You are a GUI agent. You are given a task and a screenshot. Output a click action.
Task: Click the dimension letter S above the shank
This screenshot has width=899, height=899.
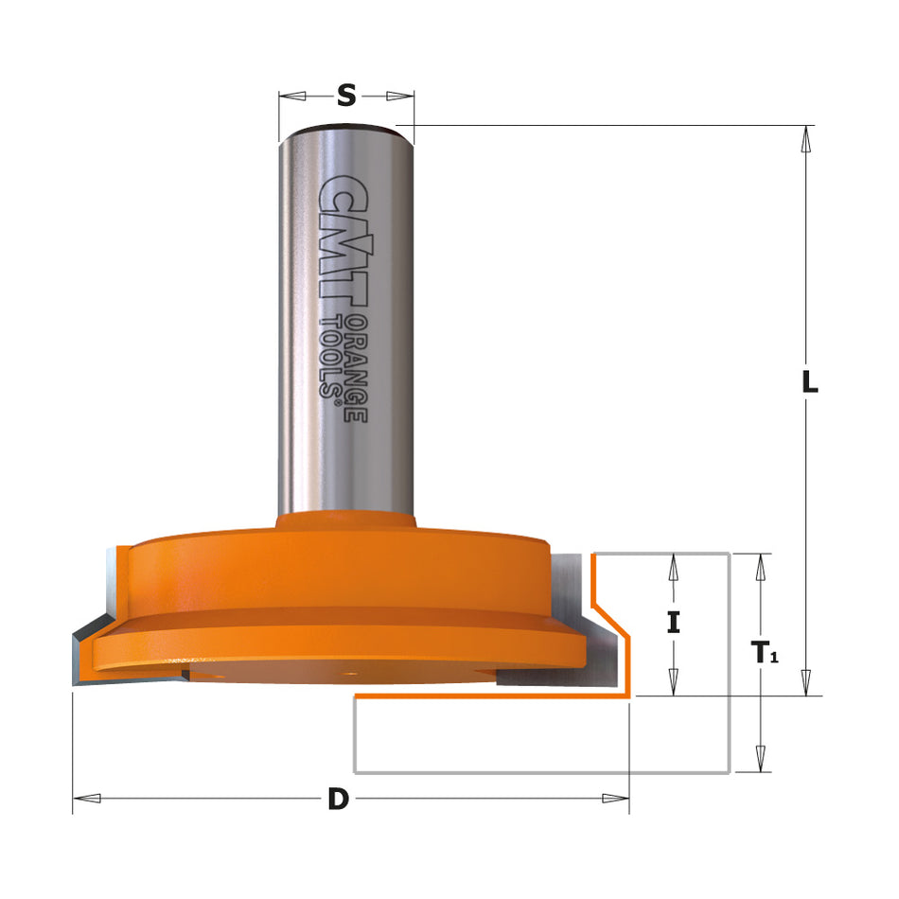[x=346, y=96]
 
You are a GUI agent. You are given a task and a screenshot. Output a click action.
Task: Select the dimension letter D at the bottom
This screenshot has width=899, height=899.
[x=338, y=800]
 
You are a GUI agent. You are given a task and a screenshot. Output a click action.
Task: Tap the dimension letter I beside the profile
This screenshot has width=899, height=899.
[x=673, y=623]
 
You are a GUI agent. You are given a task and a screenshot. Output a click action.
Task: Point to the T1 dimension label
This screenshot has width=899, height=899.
[x=764, y=652]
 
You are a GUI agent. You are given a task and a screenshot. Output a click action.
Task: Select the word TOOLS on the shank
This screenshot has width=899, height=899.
[x=333, y=357]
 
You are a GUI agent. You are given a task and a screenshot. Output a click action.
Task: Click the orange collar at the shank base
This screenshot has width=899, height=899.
[x=346, y=523]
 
